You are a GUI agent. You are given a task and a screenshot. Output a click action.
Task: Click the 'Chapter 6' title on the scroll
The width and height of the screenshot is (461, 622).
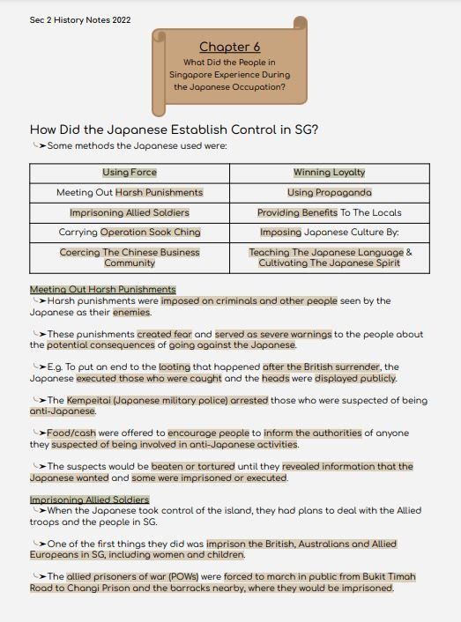click(229, 47)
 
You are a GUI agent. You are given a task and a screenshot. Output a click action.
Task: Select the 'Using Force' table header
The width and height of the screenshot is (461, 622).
click(130, 173)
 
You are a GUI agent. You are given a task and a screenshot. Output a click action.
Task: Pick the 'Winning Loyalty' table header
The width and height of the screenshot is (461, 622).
click(329, 173)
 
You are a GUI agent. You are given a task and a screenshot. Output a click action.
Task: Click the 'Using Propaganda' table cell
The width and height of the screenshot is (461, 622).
click(329, 192)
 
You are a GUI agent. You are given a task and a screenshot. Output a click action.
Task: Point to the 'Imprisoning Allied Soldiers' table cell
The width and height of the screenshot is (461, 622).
click(130, 212)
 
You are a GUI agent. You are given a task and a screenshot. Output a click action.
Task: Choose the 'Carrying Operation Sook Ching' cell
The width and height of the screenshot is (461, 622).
click(130, 233)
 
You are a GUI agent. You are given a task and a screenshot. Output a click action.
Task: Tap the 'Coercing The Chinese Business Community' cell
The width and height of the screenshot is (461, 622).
click(130, 257)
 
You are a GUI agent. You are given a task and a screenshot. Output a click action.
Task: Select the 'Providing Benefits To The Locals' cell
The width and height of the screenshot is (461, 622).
click(329, 212)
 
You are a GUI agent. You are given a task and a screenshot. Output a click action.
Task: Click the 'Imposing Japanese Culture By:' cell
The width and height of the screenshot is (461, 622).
click(329, 233)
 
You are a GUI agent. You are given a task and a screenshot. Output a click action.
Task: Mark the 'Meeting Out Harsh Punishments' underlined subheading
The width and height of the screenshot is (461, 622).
click(103, 289)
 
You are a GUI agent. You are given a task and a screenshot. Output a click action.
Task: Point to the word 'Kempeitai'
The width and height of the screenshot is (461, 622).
click(90, 400)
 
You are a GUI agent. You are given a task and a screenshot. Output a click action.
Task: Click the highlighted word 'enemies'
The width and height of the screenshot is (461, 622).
click(131, 312)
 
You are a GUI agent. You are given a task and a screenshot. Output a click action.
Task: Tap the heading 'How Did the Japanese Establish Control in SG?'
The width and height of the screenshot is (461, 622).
click(174, 130)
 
